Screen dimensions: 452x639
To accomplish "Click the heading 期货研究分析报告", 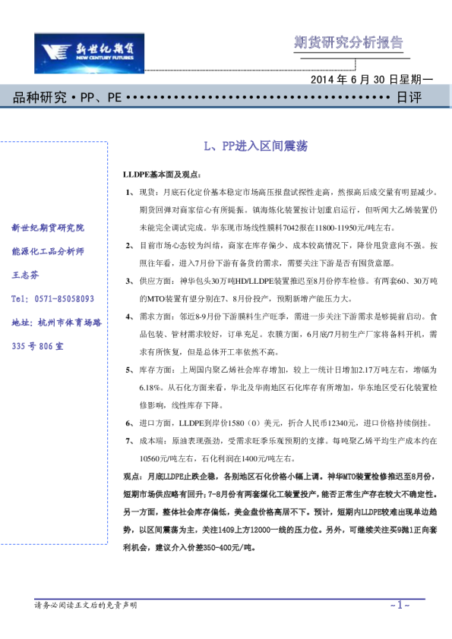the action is pos(349,42).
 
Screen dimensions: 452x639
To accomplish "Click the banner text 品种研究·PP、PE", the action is pos(68,98).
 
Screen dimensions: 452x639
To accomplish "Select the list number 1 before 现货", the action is pos(128,193).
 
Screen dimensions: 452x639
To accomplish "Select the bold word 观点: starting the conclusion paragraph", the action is pos(133,475).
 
